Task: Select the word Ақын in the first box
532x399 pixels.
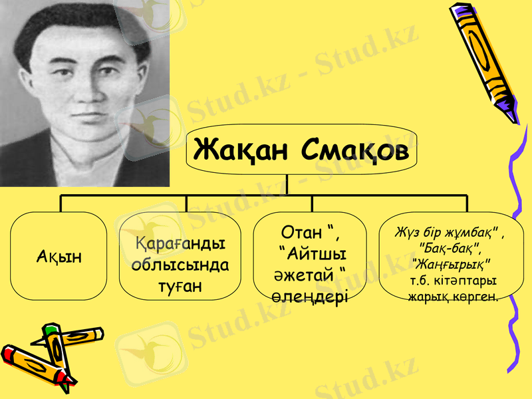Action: (59, 257)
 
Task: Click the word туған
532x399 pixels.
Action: (176, 286)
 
